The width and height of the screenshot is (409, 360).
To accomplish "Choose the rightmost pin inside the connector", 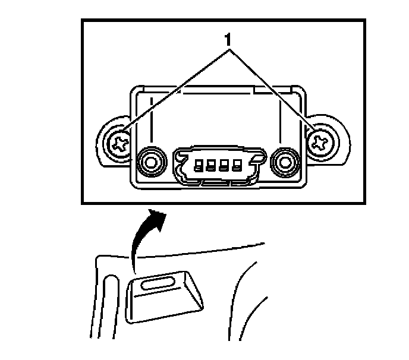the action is [x=238, y=165].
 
